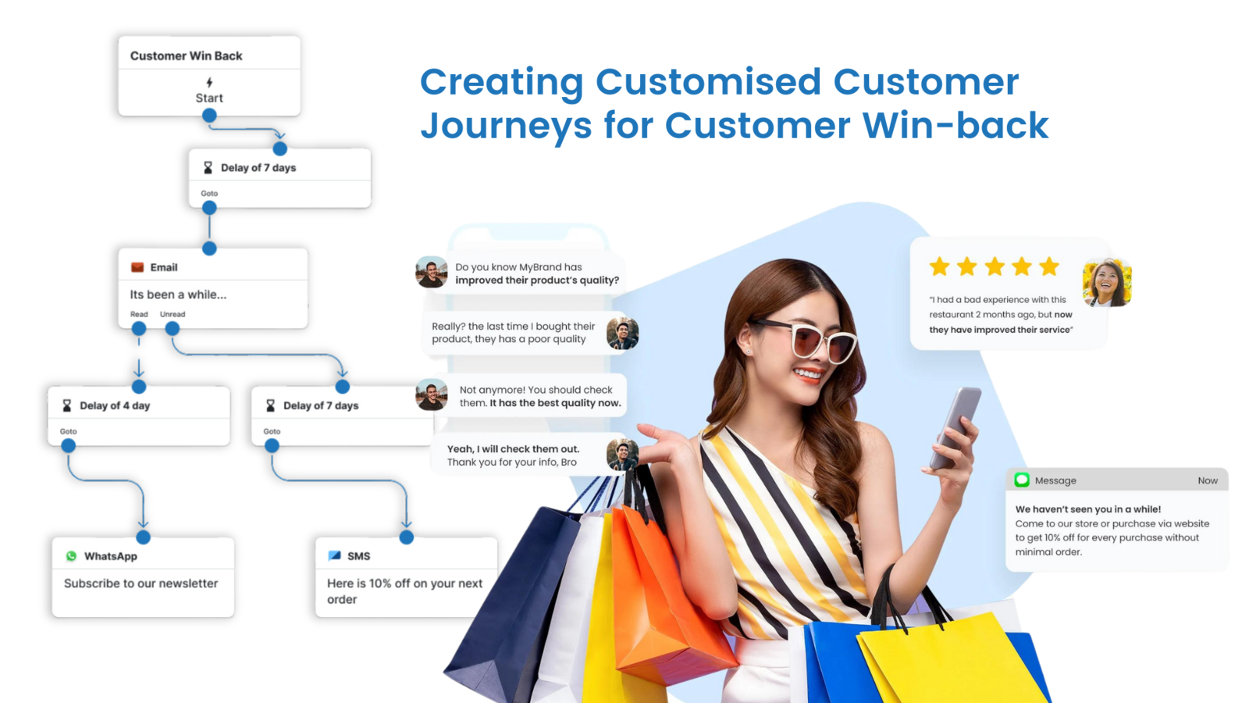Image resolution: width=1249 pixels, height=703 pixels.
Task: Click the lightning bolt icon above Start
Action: (209, 83)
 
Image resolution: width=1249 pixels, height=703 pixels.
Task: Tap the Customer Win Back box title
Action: (187, 55)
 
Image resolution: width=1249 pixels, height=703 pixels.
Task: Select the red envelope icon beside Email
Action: (137, 267)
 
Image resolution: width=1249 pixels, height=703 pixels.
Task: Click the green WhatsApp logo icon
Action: (71, 555)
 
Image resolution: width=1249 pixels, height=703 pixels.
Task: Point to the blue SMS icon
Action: (335, 555)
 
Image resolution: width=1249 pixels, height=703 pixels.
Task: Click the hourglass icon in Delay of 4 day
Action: (67, 405)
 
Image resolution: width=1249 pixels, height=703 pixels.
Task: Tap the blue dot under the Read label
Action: (139, 329)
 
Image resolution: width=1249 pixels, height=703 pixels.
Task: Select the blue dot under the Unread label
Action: (173, 329)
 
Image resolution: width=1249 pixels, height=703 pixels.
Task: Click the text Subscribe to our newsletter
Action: (141, 583)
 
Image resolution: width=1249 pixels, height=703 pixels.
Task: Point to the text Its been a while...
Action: (178, 294)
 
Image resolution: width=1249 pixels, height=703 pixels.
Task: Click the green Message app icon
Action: (1022, 480)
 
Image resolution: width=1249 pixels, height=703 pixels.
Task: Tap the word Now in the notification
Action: (1207, 480)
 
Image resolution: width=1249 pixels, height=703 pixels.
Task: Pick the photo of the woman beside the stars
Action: (1107, 283)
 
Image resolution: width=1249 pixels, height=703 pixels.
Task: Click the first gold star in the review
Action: (940, 266)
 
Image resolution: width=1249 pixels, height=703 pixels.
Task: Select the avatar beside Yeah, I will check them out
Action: (622, 455)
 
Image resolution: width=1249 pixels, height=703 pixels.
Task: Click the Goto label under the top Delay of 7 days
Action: (209, 193)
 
